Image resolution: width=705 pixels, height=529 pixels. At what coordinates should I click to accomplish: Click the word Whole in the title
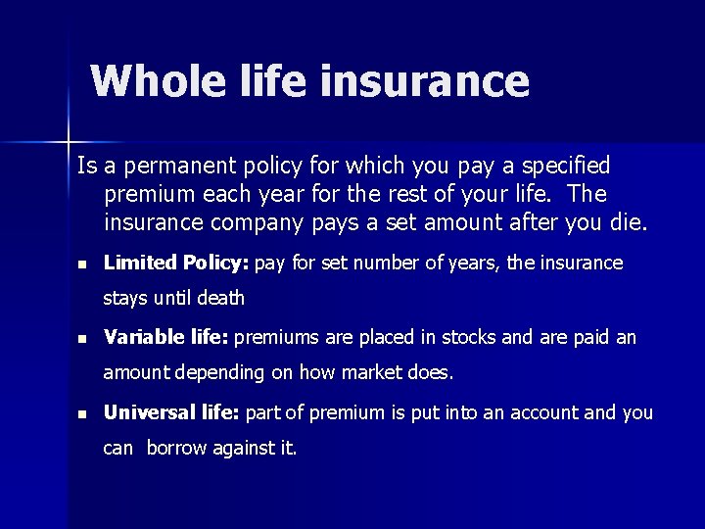coord(153,81)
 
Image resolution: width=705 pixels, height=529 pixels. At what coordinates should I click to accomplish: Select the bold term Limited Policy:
coord(176,264)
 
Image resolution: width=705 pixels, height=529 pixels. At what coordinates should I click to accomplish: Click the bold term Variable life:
coord(165,338)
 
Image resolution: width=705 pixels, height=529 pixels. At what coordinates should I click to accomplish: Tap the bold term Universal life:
coord(171,412)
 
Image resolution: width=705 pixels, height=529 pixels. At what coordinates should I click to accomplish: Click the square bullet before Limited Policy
coord(82,264)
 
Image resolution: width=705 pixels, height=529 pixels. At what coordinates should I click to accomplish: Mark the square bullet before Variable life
coord(82,339)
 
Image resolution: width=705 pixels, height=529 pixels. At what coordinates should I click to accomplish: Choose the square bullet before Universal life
coord(82,413)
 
